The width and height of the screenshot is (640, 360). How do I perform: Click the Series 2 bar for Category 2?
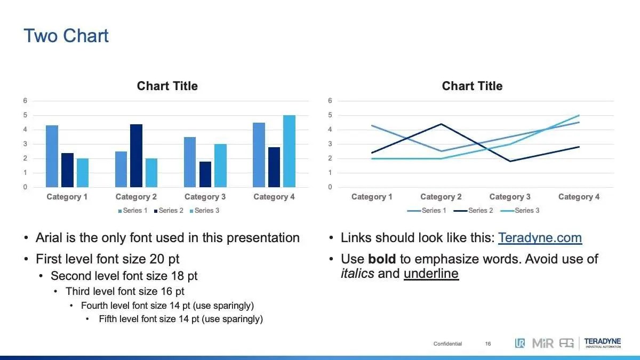click(x=137, y=156)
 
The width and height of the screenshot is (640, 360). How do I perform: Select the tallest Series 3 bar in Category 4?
click(x=289, y=151)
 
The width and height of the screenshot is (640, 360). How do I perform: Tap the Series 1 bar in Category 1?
click(x=52, y=156)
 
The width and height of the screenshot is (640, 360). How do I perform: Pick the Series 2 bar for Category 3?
click(x=205, y=174)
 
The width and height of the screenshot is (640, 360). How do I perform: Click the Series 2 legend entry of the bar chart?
click(x=169, y=211)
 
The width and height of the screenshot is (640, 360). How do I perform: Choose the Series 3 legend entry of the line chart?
click(x=520, y=211)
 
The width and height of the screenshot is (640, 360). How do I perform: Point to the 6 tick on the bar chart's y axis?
click(x=25, y=101)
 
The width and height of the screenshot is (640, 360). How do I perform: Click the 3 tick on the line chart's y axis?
click(x=330, y=143)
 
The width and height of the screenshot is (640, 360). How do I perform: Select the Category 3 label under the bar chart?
click(x=205, y=197)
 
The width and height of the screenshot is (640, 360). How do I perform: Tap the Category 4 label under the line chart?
click(x=579, y=197)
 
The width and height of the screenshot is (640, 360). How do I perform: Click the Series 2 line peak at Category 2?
click(x=441, y=124)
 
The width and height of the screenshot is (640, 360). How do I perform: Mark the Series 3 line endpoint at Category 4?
click(x=579, y=115)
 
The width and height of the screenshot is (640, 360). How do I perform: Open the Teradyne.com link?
click(x=540, y=238)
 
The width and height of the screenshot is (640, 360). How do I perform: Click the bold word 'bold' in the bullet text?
click(x=382, y=259)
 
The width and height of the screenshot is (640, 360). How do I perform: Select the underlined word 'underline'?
click(x=431, y=274)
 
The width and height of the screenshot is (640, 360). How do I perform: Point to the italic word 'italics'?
click(x=357, y=274)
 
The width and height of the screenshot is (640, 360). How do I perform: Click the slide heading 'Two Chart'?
click(x=66, y=36)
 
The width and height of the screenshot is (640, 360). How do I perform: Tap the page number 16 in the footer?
click(x=488, y=343)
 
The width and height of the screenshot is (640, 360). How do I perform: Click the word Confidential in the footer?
click(x=447, y=343)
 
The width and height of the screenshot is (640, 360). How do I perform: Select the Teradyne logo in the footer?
click(x=603, y=343)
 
